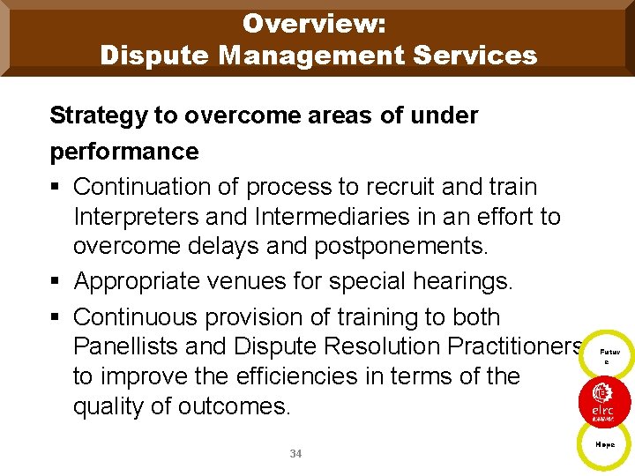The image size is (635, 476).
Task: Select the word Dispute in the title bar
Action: (153, 56)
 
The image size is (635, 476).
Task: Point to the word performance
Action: (124, 152)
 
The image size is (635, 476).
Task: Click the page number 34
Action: (295, 454)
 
